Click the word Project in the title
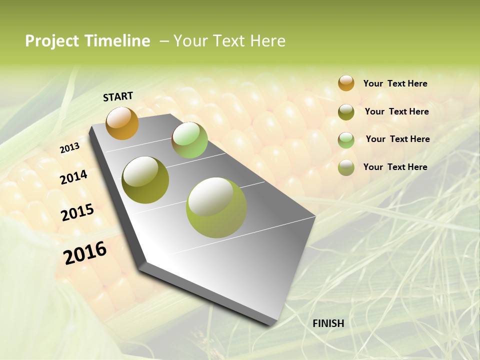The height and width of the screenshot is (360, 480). (x=52, y=41)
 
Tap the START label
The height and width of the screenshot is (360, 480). (x=118, y=96)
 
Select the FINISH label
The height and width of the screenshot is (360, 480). (x=328, y=323)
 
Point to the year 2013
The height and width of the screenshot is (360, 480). (x=69, y=148)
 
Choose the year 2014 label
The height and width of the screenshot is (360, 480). (x=74, y=177)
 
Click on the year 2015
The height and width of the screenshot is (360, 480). (x=77, y=212)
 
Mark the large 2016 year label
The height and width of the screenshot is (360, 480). (x=85, y=252)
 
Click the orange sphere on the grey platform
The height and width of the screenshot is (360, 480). (x=122, y=123)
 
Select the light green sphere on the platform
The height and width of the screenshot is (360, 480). (x=189, y=140)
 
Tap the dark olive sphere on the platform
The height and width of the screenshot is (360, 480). (x=145, y=179)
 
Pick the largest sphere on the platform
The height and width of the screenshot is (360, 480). (x=216, y=207)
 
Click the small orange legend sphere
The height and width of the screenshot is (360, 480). (x=346, y=83)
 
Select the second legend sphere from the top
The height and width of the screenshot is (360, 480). (x=346, y=112)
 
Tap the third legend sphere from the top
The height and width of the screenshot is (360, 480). (x=346, y=140)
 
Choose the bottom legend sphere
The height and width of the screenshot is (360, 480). (x=346, y=167)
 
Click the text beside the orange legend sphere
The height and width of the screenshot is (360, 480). (x=395, y=83)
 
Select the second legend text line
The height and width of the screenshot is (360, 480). (x=396, y=111)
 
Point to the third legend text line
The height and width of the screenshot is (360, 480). (x=397, y=139)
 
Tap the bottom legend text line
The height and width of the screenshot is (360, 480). (x=395, y=167)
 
